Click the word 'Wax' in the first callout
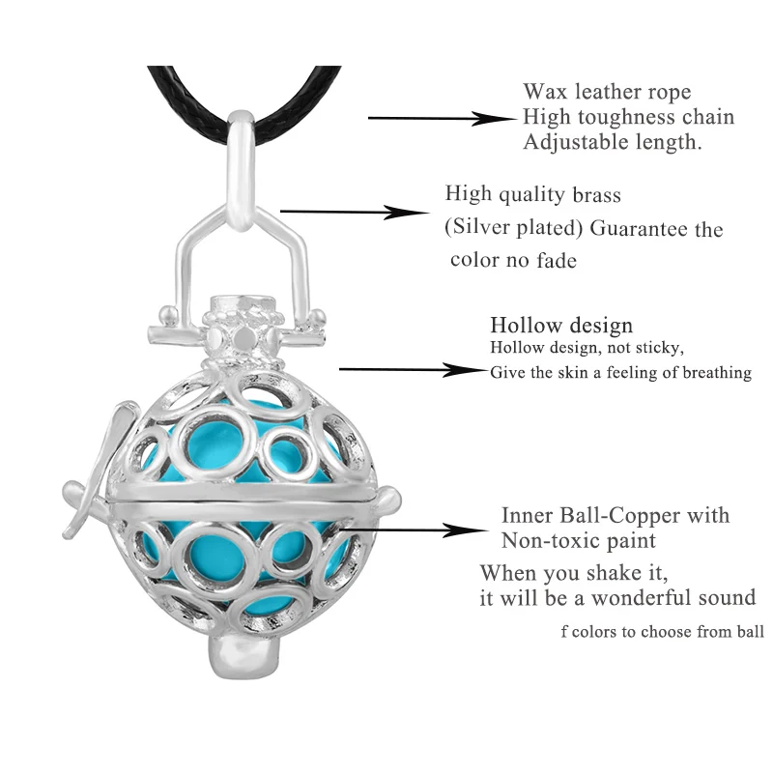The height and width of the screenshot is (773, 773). coord(545,93)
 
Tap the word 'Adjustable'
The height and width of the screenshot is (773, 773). coord(571,142)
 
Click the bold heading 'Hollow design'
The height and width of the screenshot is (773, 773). coord(561,326)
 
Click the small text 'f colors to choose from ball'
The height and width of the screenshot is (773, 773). coord(662,633)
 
